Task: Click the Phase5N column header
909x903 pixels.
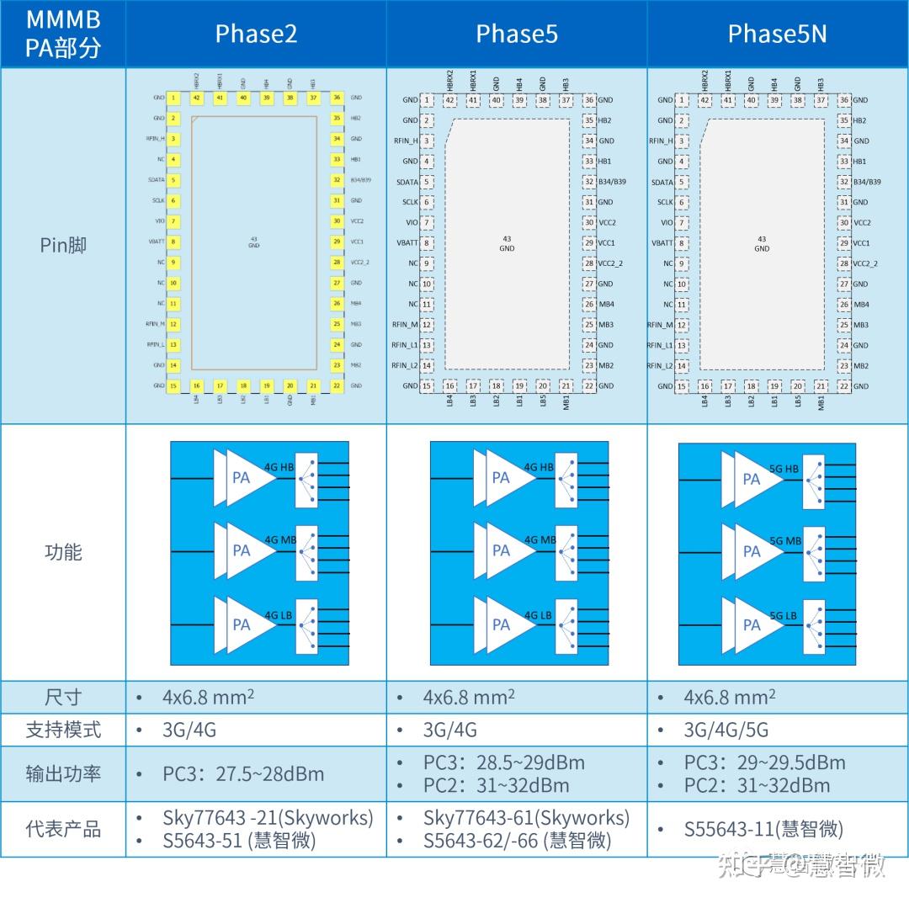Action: pos(777,34)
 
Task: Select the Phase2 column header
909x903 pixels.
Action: pos(256,34)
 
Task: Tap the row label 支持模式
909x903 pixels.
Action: pos(63,730)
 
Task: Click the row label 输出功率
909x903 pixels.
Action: pos(63,773)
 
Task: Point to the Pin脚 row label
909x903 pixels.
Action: pos(63,246)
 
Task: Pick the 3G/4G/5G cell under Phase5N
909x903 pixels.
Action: pos(726,730)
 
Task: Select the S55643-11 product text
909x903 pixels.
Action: pos(763,829)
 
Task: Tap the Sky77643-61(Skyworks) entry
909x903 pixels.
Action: pos(526,818)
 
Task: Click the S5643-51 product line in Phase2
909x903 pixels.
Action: pos(239,840)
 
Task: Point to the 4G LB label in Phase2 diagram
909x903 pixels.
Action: pos(279,615)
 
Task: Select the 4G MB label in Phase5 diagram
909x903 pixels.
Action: pos(540,540)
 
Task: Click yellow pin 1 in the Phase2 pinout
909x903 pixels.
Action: pos(173,98)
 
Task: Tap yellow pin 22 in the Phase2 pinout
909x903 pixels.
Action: pos(336,385)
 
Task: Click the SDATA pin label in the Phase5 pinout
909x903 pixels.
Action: pos(407,182)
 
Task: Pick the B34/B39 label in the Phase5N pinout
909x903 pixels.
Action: pos(867,182)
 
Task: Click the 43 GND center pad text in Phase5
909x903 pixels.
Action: pos(507,244)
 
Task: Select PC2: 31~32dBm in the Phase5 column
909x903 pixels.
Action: pos(496,785)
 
